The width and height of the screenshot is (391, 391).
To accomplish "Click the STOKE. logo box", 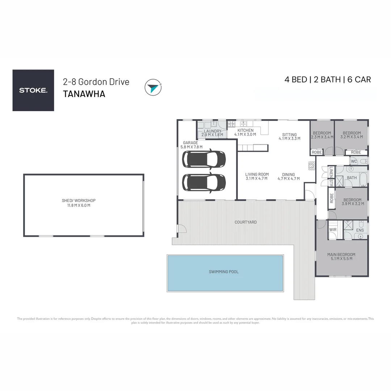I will [x=33, y=90].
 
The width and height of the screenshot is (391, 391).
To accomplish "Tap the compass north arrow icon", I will [x=153, y=87].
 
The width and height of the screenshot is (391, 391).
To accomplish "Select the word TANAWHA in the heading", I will [x=84, y=94].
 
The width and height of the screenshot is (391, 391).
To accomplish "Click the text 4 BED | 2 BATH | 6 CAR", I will [x=328, y=80].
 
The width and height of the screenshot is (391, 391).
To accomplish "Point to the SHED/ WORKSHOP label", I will [x=79, y=201].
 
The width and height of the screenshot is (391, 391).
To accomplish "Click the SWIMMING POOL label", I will [x=224, y=272].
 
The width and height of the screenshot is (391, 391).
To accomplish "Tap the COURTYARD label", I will [x=245, y=222].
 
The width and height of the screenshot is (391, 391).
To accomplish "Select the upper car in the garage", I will [x=204, y=159].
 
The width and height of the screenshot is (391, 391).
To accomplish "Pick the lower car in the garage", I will [x=204, y=182].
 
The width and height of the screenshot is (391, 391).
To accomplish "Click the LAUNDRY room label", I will [x=213, y=131].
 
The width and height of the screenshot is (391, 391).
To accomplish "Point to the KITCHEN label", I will [x=245, y=130].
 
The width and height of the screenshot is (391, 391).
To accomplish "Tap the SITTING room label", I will [x=290, y=135].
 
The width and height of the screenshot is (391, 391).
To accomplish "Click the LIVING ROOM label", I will [x=257, y=174].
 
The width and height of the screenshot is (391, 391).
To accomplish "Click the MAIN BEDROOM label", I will [x=341, y=255].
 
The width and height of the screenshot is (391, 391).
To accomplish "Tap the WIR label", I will [x=333, y=230].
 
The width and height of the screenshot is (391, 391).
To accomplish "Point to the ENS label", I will [x=360, y=230].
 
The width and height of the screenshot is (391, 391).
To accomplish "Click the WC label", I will [x=354, y=161].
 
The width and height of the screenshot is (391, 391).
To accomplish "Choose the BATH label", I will [x=352, y=178].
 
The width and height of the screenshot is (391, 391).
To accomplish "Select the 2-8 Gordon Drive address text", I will [x=96, y=82].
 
